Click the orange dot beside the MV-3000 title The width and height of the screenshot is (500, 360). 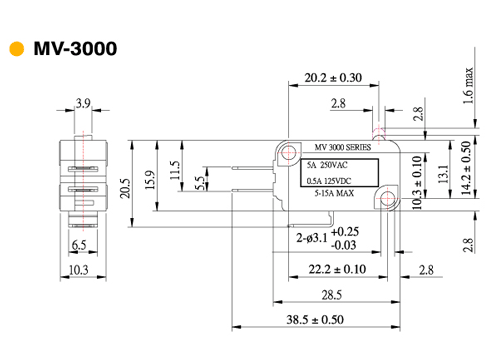pyautogui.click(x=17, y=49)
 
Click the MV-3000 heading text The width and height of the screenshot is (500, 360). pyautogui.click(x=75, y=49)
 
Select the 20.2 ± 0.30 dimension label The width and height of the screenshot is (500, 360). pyautogui.click(x=333, y=78)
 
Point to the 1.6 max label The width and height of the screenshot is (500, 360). pyautogui.click(x=468, y=86)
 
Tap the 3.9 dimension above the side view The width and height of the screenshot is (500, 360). pyautogui.click(x=83, y=103)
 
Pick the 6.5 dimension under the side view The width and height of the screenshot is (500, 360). pyautogui.click(x=79, y=245)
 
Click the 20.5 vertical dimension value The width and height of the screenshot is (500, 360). pyautogui.click(x=125, y=188)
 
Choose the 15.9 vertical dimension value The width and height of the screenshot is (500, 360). pyautogui.click(x=150, y=180)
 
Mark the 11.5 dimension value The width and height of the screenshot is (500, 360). pyautogui.click(x=175, y=170)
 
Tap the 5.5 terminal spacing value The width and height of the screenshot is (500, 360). pyautogui.click(x=200, y=183)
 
